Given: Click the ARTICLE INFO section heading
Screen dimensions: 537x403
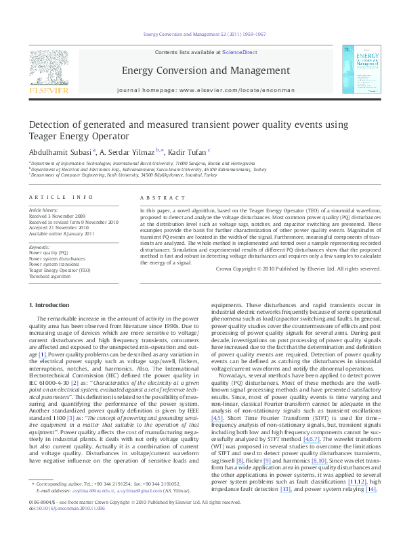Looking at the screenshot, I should pyautogui.click(x=61, y=197).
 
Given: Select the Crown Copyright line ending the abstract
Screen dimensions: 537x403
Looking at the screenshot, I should pyautogui.click(x=296, y=250).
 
